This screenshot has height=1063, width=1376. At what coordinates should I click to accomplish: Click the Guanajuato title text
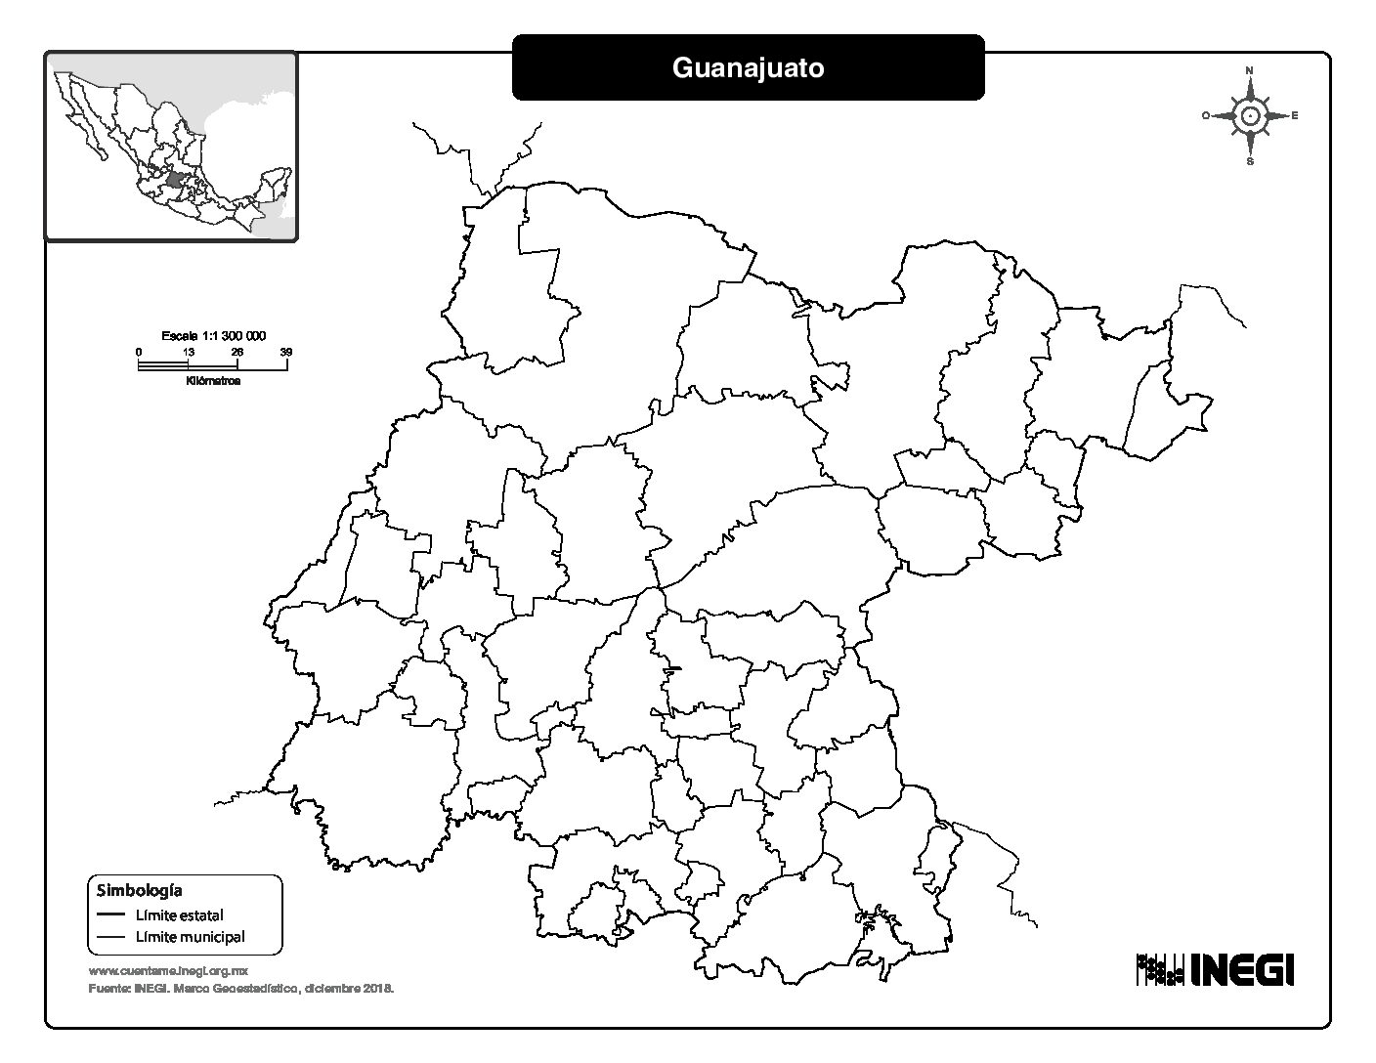tap(748, 67)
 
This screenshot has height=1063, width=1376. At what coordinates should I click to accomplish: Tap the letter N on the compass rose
tap(1250, 70)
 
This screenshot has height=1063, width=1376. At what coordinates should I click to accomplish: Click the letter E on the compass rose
tap(1295, 116)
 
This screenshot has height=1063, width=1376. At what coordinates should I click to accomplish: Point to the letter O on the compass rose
tap(1206, 116)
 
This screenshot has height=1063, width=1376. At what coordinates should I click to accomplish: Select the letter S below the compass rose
tap(1250, 162)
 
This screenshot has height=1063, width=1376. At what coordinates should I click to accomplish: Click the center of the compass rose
tap(1250, 116)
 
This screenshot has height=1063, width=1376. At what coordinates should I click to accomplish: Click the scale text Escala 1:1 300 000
tap(213, 335)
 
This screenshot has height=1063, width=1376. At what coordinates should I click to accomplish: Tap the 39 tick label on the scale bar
tap(286, 352)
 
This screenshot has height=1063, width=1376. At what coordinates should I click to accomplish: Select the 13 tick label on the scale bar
tap(188, 352)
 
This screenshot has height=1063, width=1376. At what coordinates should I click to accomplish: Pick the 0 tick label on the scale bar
tap(139, 352)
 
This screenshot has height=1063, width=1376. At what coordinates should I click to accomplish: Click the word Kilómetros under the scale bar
tap(212, 381)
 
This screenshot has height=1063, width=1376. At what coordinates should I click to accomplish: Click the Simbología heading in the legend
tap(139, 890)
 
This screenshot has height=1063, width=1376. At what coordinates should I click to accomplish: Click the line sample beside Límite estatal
tap(111, 915)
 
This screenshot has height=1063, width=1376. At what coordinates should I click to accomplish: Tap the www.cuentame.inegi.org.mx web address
tap(168, 971)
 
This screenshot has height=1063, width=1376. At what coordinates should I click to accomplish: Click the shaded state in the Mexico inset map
tap(176, 181)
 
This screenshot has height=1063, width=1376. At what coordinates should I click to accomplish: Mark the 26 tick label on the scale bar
tap(236, 352)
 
